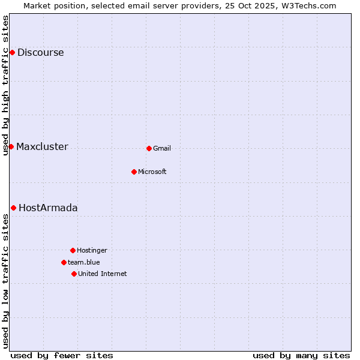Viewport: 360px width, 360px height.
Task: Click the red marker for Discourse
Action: click(12, 53)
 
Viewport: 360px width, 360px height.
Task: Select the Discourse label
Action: click(40, 53)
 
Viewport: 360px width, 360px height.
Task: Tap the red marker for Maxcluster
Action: click(11, 147)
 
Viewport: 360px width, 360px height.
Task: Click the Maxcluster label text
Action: click(42, 147)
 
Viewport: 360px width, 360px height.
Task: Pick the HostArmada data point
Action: click(13, 208)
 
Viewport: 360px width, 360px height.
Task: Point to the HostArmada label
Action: click(48, 208)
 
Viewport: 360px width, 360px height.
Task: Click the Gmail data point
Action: click(149, 148)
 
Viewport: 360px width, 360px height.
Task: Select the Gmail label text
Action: click(162, 149)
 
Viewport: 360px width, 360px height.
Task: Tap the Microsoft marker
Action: click(134, 172)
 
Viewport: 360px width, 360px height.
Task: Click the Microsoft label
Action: click(152, 172)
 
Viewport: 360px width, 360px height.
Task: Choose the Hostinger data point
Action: click(73, 250)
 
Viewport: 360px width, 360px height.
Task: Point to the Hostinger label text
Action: click(92, 251)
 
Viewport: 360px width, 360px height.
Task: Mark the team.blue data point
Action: click(64, 262)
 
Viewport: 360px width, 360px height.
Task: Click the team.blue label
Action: click(84, 263)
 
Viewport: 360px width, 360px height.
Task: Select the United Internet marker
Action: click(74, 274)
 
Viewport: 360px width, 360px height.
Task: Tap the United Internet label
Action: click(103, 274)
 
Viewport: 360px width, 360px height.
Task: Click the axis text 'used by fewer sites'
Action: click(62, 355)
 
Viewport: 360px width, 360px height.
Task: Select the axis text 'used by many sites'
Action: click(301, 355)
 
